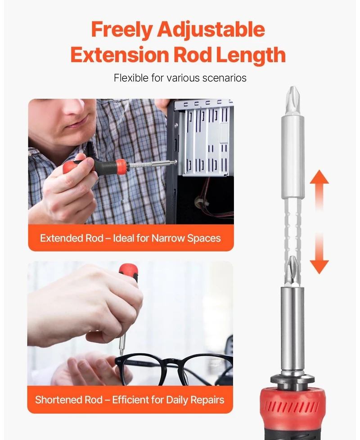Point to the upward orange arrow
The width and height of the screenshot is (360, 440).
[x=319, y=191]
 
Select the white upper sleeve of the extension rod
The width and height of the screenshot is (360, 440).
[x=292, y=157]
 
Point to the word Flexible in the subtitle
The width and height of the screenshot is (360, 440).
[x=131, y=78]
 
